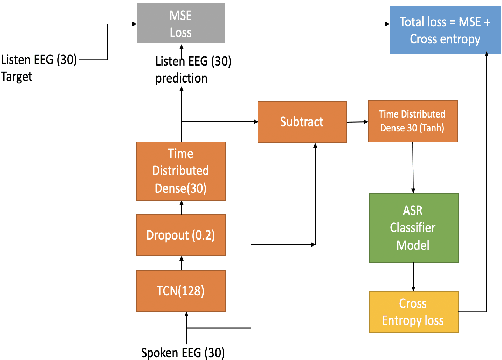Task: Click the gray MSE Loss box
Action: coord(181,23)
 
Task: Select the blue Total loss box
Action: coord(438,29)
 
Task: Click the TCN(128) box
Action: coord(181,294)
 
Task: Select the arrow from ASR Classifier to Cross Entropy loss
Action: coord(411,275)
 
